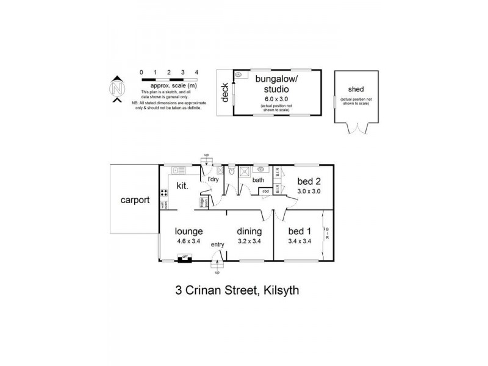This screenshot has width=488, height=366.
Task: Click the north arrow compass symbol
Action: click(x=118, y=90)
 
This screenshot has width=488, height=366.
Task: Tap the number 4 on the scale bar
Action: click(x=196, y=73)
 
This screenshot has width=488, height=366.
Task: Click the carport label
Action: click(x=135, y=199)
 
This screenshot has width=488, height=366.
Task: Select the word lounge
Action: click(x=188, y=231)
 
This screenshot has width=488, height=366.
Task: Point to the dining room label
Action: click(x=249, y=231)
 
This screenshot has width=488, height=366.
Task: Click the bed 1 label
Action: click(x=300, y=231)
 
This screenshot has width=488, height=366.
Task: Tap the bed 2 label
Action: click(x=309, y=181)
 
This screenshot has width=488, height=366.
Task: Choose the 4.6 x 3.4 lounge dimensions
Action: click(x=188, y=241)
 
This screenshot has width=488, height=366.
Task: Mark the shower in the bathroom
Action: click(x=243, y=172)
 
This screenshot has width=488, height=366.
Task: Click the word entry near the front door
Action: click(x=218, y=245)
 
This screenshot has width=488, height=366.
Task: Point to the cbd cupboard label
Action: click(x=266, y=192)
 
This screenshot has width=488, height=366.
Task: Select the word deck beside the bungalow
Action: click(x=224, y=92)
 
